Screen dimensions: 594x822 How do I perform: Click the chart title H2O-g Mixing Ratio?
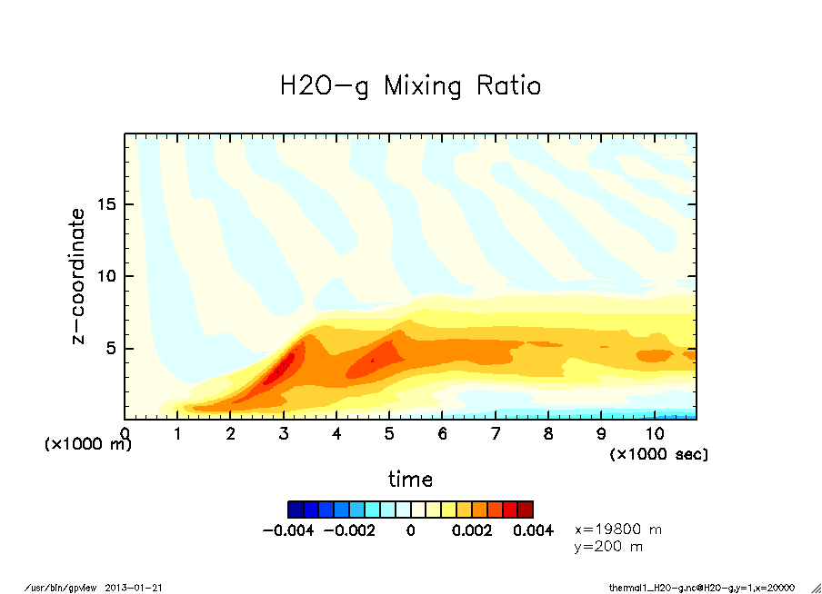[x=410, y=86]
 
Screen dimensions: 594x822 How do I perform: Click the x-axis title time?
[x=410, y=480]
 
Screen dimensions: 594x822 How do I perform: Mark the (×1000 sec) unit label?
[x=658, y=453]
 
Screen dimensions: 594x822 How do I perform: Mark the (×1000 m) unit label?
[x=87, y=445]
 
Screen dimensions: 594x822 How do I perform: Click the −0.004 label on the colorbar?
[x=287, y=530]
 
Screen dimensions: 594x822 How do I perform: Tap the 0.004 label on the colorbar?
[x=534, y=530]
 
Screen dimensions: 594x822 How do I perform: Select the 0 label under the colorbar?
[x=410, y=530]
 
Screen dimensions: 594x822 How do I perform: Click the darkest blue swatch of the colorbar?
[x=295, y=509]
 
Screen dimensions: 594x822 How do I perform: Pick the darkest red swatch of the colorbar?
[x=526, y=509]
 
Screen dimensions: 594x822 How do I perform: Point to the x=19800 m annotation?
[x=618, y=529]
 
